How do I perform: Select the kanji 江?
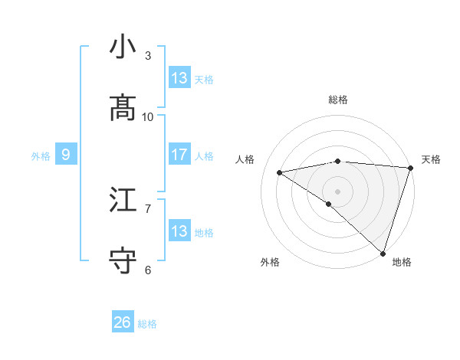tap(123, 200)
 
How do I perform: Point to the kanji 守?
tap(123, 261)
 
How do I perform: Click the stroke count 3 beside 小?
tap(148, 55)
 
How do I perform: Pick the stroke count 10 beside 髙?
tap(148, 116)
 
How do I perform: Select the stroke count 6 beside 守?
tap(148, 270)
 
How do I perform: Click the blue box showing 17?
tap(179, 155)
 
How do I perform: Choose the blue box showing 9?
tap(66, 155)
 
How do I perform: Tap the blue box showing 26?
tap(123, 322)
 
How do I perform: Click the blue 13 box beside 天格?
tap(179, 78)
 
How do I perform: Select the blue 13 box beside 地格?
tap(179, 231)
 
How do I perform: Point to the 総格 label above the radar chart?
tap(338, 100)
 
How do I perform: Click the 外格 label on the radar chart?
tap(270, 262)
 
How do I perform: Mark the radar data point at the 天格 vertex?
tap(410, 167)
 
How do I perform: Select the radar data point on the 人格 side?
tap(280, 172)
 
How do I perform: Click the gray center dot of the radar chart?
tap(337, 191)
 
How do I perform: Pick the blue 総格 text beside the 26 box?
tap(147, 324)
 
